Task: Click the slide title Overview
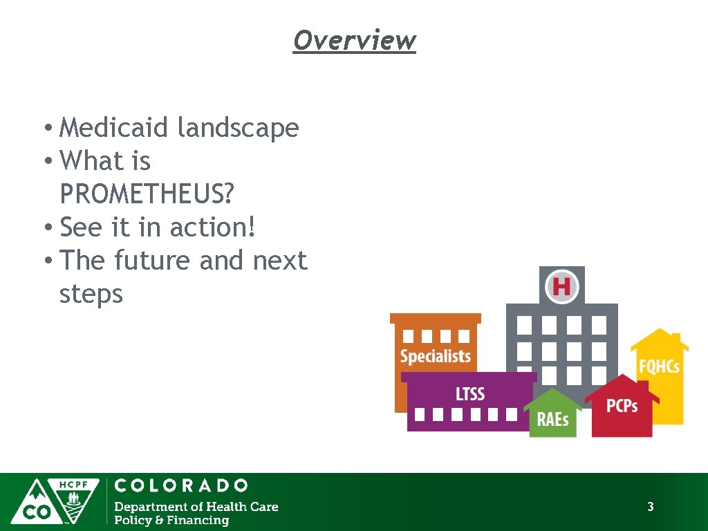pos(354,40)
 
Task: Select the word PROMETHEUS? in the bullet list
pos(147,194)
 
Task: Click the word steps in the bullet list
pos(91,295)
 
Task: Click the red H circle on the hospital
pos(561,286)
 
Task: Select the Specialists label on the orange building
pos(436,357)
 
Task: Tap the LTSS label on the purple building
pos(470,394)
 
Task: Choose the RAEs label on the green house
pos(553,419)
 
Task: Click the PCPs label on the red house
pos(622,406)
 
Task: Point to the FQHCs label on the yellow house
pos(659,366)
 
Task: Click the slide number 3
pos(650,507)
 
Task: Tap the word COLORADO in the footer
pos(181,485)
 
